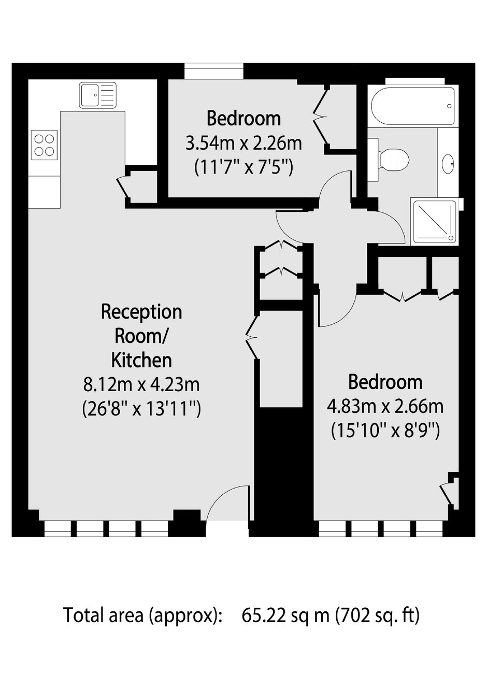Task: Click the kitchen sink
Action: click(x=97, y=95)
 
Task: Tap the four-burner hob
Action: click(x=45, y=145)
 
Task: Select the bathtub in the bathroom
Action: click(x=413, y=106)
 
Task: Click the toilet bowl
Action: click(x=394, y=160)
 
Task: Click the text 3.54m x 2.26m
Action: click(x=244, y=144)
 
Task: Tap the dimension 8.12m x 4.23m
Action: click(x=141, y=385)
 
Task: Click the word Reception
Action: click(x=141, y=312)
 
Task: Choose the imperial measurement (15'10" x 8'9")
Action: click(x=385, y=432)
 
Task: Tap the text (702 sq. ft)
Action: click(x=377, y=616)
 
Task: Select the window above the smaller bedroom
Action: click(x=214, y=71)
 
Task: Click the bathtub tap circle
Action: click(x=449, y=106)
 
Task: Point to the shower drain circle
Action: click(x=451, y=238)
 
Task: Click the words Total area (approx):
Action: click(x=142, y=616)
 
